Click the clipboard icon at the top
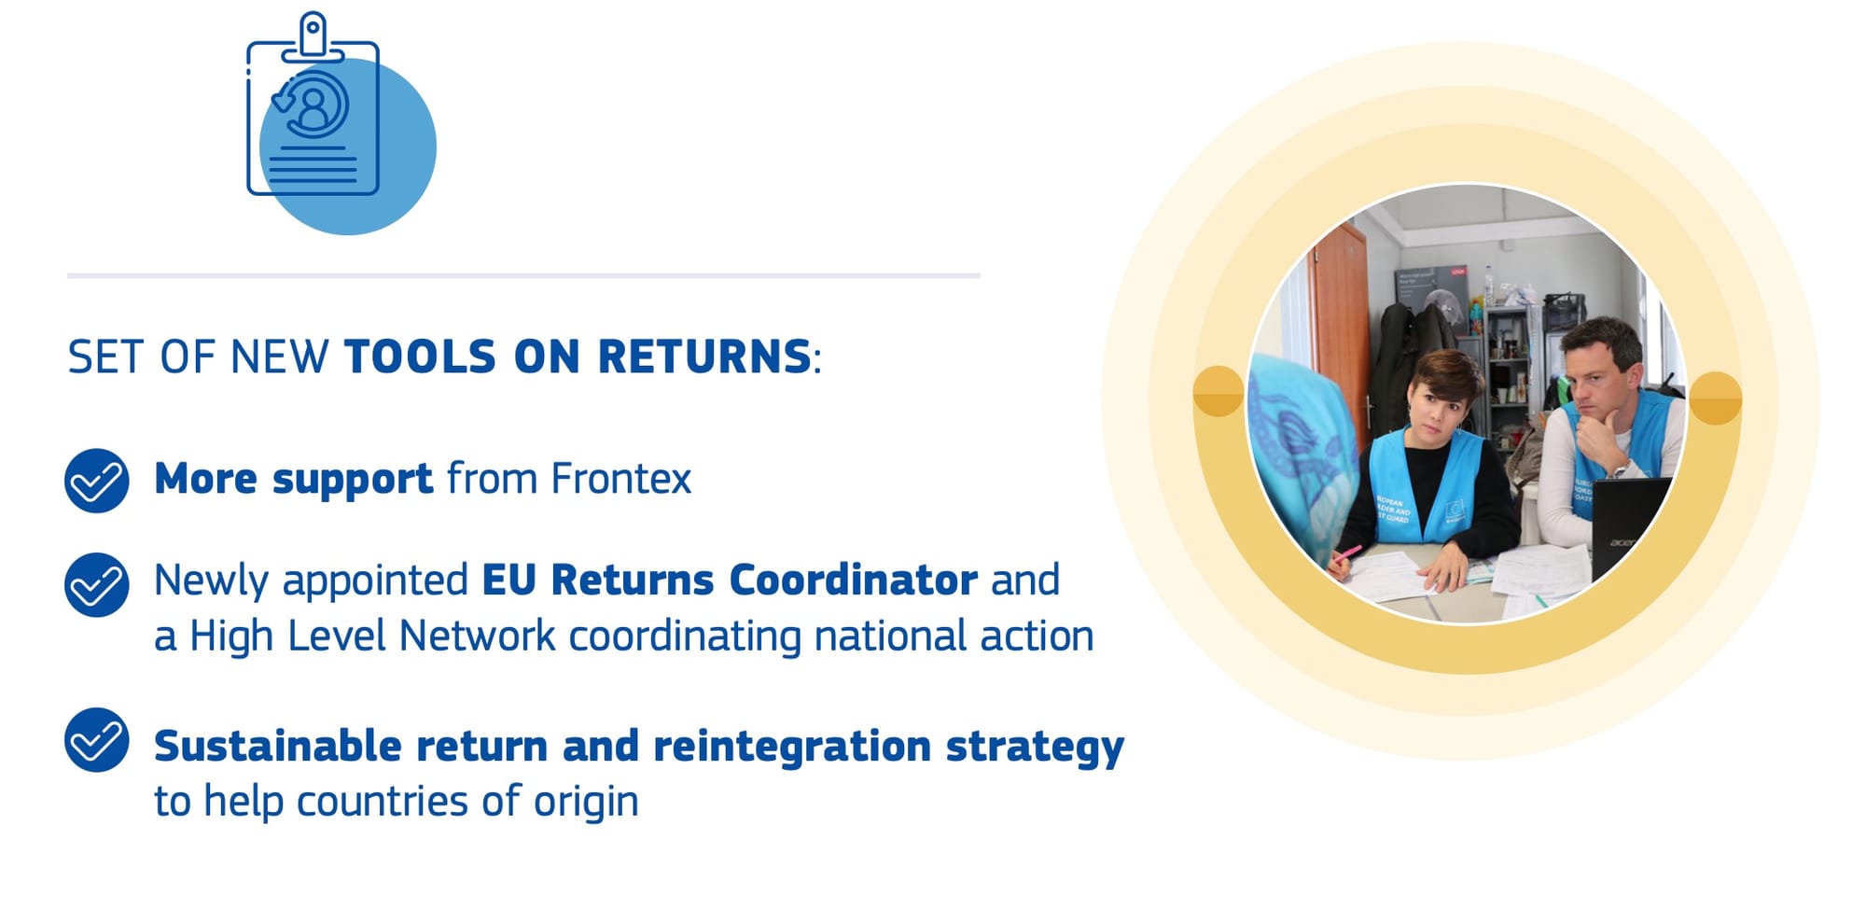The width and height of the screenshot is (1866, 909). click(313, 105)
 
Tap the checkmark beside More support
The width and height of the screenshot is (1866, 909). click(97, 481)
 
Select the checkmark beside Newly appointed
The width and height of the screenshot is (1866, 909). click(97, 585)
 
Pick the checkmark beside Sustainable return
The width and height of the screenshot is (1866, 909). click(97, 740)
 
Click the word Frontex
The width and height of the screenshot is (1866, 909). click(620, 479)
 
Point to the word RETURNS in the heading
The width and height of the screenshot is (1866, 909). click(704, 357)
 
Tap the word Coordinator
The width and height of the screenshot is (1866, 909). click(853, 580)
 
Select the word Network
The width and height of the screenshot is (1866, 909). click(477, 636)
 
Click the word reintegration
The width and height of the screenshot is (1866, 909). click(792, 747)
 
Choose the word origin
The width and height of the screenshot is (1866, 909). click(586, 802)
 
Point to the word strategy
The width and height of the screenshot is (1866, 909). click(1035, 748)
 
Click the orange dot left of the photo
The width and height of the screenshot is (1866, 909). click(1218, 391)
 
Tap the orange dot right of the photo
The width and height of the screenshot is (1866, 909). click(1715, 399)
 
